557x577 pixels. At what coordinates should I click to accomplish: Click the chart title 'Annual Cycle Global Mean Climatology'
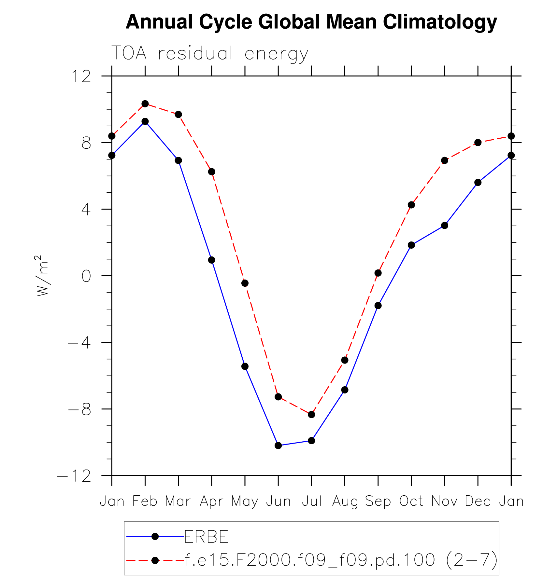(311, 22)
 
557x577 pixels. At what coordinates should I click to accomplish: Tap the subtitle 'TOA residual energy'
(209, 53)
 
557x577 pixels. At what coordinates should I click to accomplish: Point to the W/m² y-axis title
(43, 276)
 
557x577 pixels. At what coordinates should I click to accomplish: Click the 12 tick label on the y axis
(81, 77)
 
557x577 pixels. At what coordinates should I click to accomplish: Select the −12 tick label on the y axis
(74, 476)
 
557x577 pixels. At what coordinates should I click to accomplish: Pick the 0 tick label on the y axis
(86, 276)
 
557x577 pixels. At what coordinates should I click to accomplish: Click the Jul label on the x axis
(312, 501)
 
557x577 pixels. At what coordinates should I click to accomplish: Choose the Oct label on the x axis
(411, 501)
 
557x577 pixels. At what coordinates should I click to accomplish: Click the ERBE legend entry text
(206, 537)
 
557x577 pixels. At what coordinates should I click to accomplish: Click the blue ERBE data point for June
(278, 446)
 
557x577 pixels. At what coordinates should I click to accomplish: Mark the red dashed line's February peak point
(145, 104)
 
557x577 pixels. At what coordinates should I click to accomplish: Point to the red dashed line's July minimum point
(311, 414)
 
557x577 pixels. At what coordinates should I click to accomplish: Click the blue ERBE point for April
(212, 260)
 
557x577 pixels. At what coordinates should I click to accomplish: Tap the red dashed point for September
(378, 273)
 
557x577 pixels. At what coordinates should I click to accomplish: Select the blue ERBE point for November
(445, 226)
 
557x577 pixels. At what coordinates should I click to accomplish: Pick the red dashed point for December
(478, 143)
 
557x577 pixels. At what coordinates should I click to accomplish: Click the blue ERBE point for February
(145, 121)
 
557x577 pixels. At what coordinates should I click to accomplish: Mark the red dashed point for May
(245, 283)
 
